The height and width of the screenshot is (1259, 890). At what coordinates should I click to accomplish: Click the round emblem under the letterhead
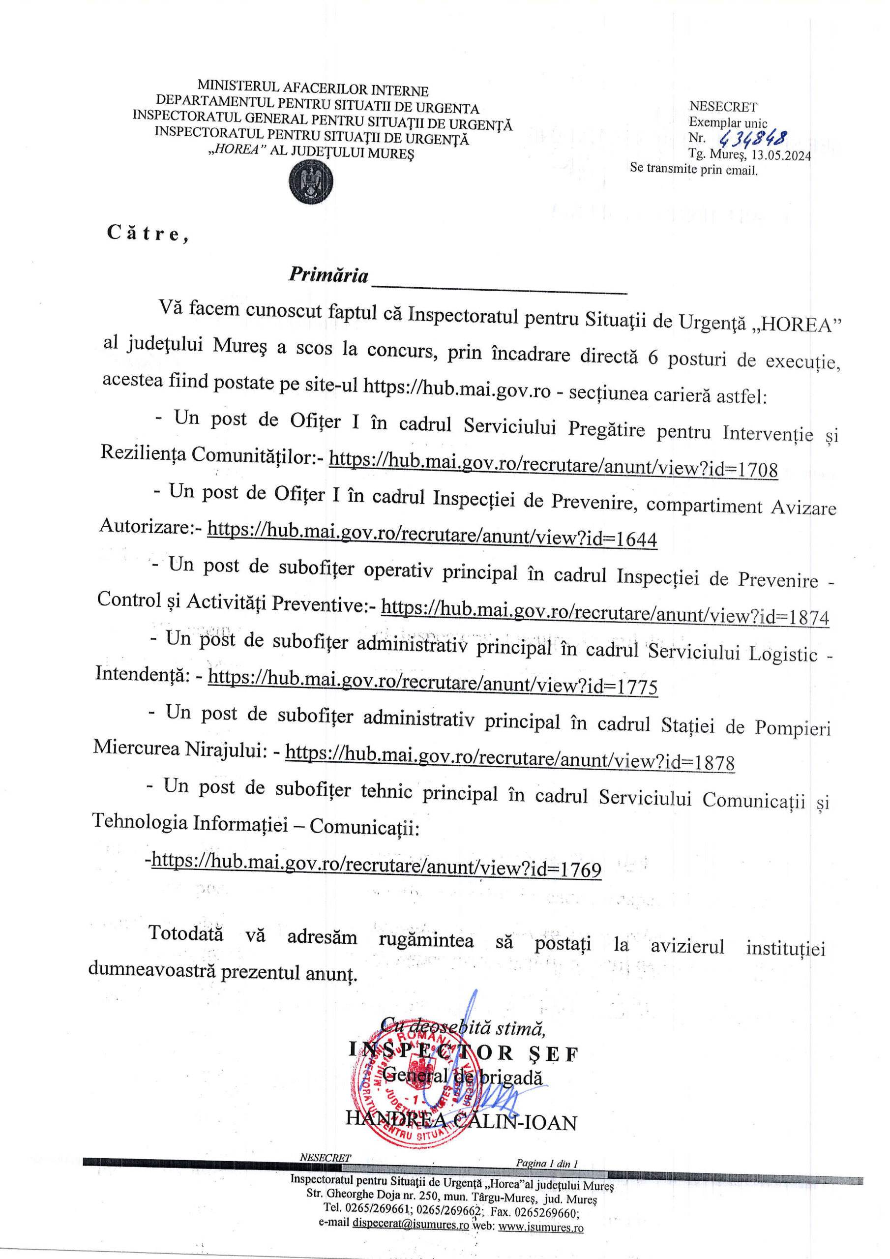(311, 183)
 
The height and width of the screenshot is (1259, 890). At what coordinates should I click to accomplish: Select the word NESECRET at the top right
(723, 107)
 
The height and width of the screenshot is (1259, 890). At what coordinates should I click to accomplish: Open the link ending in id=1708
(553, 466)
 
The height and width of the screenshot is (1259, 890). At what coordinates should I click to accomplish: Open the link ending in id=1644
(432, 534)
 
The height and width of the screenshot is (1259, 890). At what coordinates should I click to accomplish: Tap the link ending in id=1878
(510, 757)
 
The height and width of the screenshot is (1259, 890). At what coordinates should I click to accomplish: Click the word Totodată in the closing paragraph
(186, 933)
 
